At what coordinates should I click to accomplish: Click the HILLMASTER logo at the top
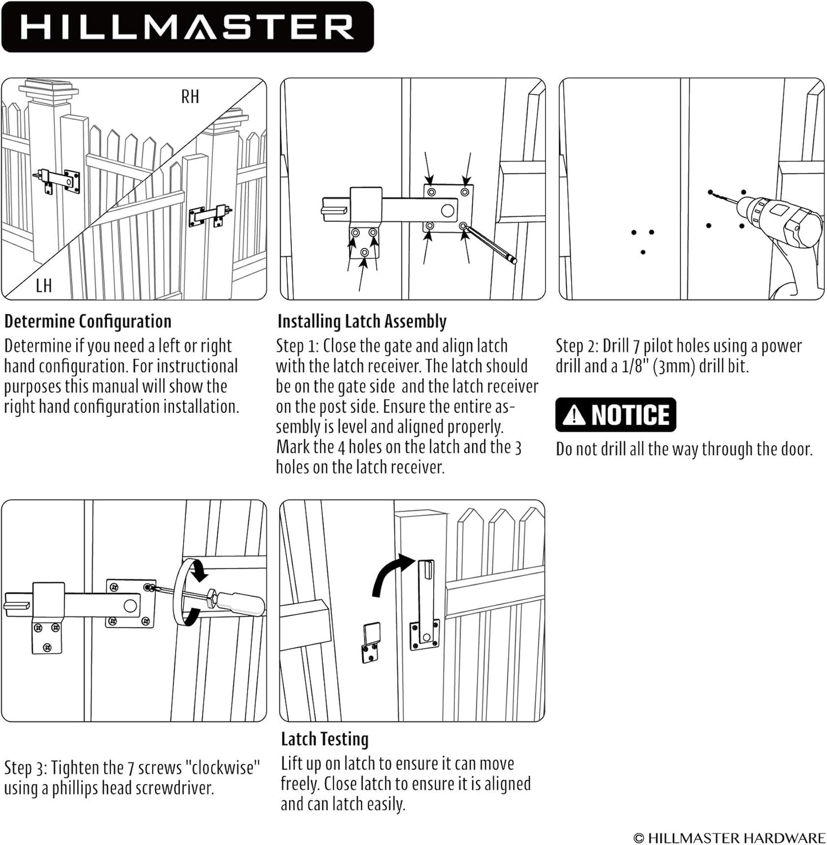187,27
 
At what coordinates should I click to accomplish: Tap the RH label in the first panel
190,97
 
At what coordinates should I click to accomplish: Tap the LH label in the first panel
43,285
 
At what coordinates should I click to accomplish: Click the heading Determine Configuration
88,321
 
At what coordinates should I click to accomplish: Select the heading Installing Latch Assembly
362,321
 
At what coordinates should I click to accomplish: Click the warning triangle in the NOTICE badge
573,414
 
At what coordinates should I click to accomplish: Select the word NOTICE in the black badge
630,414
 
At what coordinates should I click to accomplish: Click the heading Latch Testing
325,739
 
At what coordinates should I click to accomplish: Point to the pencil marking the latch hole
489,244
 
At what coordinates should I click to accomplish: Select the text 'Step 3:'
25,767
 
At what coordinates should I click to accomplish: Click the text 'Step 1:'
297,346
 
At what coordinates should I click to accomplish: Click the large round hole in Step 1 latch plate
448,211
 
